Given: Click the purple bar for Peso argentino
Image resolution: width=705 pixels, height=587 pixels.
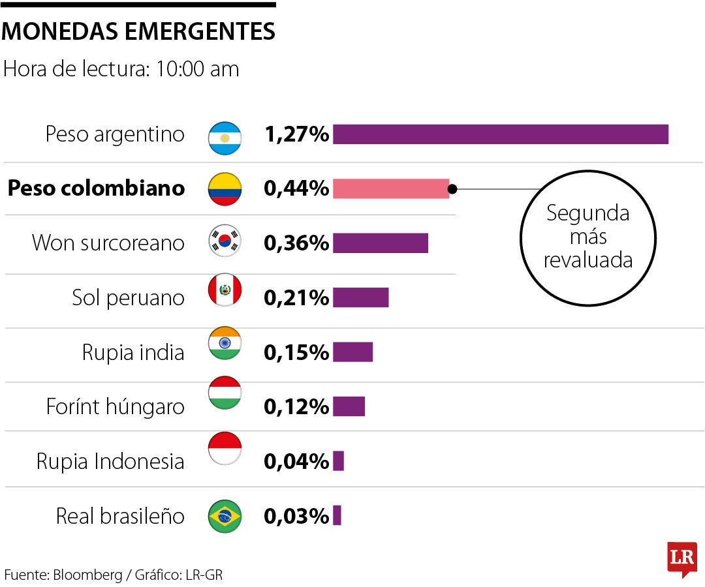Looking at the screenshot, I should [x=500, y=134].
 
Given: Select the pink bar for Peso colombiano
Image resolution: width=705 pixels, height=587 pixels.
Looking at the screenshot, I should [x=390, y=188].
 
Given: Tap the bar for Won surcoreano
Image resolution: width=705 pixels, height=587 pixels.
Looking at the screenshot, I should [x=380, y=243].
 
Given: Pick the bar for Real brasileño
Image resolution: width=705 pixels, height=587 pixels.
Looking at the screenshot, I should [x=337, y=516].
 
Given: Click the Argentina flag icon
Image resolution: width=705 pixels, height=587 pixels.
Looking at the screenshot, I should [x=225, y=138].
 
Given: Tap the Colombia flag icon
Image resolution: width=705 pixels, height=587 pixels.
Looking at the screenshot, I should [x=225, y=189].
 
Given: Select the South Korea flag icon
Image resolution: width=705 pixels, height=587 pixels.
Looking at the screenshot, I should [x=225, y=242].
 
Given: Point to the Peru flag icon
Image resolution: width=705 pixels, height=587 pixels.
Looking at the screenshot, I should [x=225, y=290].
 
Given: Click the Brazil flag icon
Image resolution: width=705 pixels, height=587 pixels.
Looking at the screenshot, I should [x=225, y=517].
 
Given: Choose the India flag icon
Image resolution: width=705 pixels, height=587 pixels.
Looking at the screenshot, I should [x=225, y=344].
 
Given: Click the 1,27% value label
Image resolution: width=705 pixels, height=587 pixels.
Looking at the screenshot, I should [x=296, y=134].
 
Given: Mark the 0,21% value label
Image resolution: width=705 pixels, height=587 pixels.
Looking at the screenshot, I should [x=296, y=298].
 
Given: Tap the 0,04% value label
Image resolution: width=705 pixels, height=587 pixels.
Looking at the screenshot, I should [x=296, y=462].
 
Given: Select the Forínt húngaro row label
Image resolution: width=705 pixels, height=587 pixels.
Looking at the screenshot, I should [x=115, y=407].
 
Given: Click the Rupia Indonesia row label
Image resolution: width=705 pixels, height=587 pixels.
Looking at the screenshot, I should [x=110, y=462].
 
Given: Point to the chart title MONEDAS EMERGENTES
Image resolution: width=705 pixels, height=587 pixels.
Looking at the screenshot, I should [x=138, y=31].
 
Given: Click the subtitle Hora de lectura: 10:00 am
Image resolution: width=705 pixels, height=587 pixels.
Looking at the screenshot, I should [x=121, y=69].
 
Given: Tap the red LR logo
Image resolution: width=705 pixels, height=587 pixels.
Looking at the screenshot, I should [x=681, y=559].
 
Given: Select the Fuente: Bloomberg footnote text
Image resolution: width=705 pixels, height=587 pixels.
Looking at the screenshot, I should [x=114, y=575].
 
